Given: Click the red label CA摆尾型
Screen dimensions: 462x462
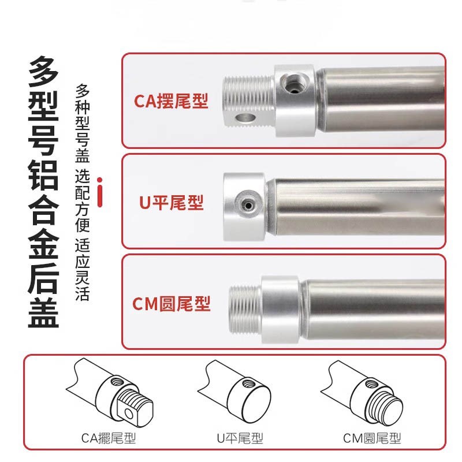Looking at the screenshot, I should tap(171, 101).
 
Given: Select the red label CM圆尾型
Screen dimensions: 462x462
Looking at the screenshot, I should tap(172, 303).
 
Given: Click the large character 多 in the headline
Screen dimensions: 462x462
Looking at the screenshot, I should tap(43, 72).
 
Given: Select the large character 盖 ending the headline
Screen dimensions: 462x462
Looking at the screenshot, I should tap(43, 310).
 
